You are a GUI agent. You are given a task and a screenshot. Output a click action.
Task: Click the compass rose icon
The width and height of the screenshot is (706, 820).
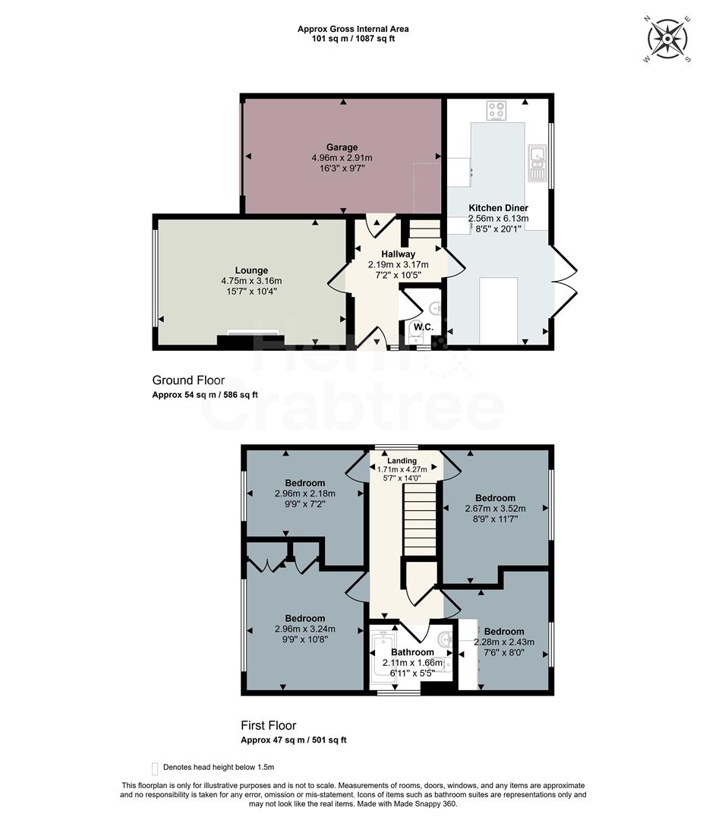pyautogui.click(x=667, y=37)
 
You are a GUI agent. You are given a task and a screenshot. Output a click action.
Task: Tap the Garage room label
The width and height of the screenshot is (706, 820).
pyautogui.click(x=342, y=147)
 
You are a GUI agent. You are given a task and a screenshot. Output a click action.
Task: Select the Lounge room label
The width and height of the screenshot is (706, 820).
pyautogui.click(x=251, y=270)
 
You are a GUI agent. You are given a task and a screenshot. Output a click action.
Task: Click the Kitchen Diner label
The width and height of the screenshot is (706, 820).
pyautogui.click(x=498, y=207)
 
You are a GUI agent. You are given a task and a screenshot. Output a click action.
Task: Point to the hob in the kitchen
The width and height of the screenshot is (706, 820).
pyautogui.click(x=496, y=111)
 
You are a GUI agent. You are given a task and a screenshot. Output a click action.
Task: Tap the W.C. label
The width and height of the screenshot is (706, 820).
pyautogui.click(x=424, y=327)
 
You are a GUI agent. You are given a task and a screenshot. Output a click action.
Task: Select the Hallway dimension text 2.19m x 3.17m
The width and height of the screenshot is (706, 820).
pyautogui.click(x=398, y=264)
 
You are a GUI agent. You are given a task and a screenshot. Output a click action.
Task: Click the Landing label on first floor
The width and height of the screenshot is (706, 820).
pyautogui.click(x=402, y=461)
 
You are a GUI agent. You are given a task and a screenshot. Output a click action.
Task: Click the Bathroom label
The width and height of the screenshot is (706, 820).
pyautogui.click(x=412, y=652)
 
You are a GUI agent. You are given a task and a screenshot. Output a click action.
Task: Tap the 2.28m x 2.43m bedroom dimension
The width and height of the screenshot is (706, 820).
pyautogui.click(x=504, y=642)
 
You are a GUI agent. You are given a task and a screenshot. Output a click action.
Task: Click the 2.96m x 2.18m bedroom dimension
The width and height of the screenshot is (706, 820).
pyautogui.click(x=304, y=493)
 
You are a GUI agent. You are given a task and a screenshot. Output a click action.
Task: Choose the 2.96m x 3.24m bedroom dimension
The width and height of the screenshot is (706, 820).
pyautogui.click(x=304, y=629)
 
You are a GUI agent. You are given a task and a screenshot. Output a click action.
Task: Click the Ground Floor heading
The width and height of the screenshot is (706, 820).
pyautogui.click(x=188, y=380)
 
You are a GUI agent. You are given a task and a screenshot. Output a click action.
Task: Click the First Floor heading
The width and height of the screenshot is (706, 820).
pyautogui.click(x=269, y=725)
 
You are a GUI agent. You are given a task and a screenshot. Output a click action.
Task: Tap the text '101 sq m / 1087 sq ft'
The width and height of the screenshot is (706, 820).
pyautogui.click(x=352, y=38)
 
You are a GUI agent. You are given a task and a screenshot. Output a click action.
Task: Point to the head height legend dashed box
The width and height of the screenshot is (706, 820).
pyautogui.click(x=156, y=768)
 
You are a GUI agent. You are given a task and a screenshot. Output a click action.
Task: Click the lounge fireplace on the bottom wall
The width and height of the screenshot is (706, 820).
pyautogui.click(x=251, y=339)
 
